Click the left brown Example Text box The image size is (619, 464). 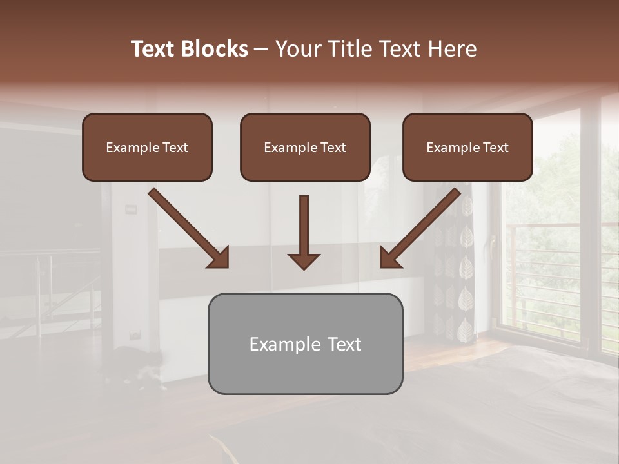tap(147, 147)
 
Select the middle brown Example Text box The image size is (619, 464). tap(305, 147)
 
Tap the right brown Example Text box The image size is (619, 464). tap(467, 147)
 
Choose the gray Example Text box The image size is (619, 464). tap(305, 343)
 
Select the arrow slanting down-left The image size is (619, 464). tap(420, 229)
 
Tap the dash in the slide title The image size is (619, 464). tap(262, 49)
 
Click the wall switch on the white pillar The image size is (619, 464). tap(132, 208)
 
